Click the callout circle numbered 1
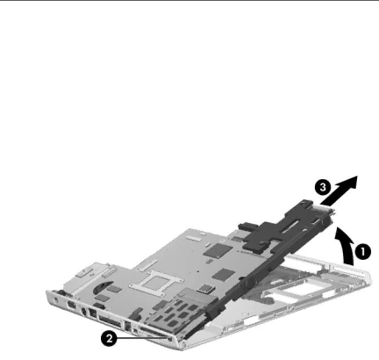(x=362, y=252)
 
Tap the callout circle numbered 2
(x=109, y=339)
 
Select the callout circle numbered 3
(x=323, y=187)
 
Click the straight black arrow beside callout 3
(x=340, y=191)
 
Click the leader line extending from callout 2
(x=143, y=338)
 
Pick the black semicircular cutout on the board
(x=103, y=287)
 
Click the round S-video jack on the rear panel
(x=84, y=313)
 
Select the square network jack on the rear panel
(x=93, y=313)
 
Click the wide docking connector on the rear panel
(x=110, y=321)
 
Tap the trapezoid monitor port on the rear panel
(x=71, y=306)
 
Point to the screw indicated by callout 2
(x=170, y=339)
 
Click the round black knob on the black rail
(x=249, y=283)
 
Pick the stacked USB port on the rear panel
(x=128, y=327)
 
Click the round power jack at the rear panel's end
(x=56, y=299)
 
